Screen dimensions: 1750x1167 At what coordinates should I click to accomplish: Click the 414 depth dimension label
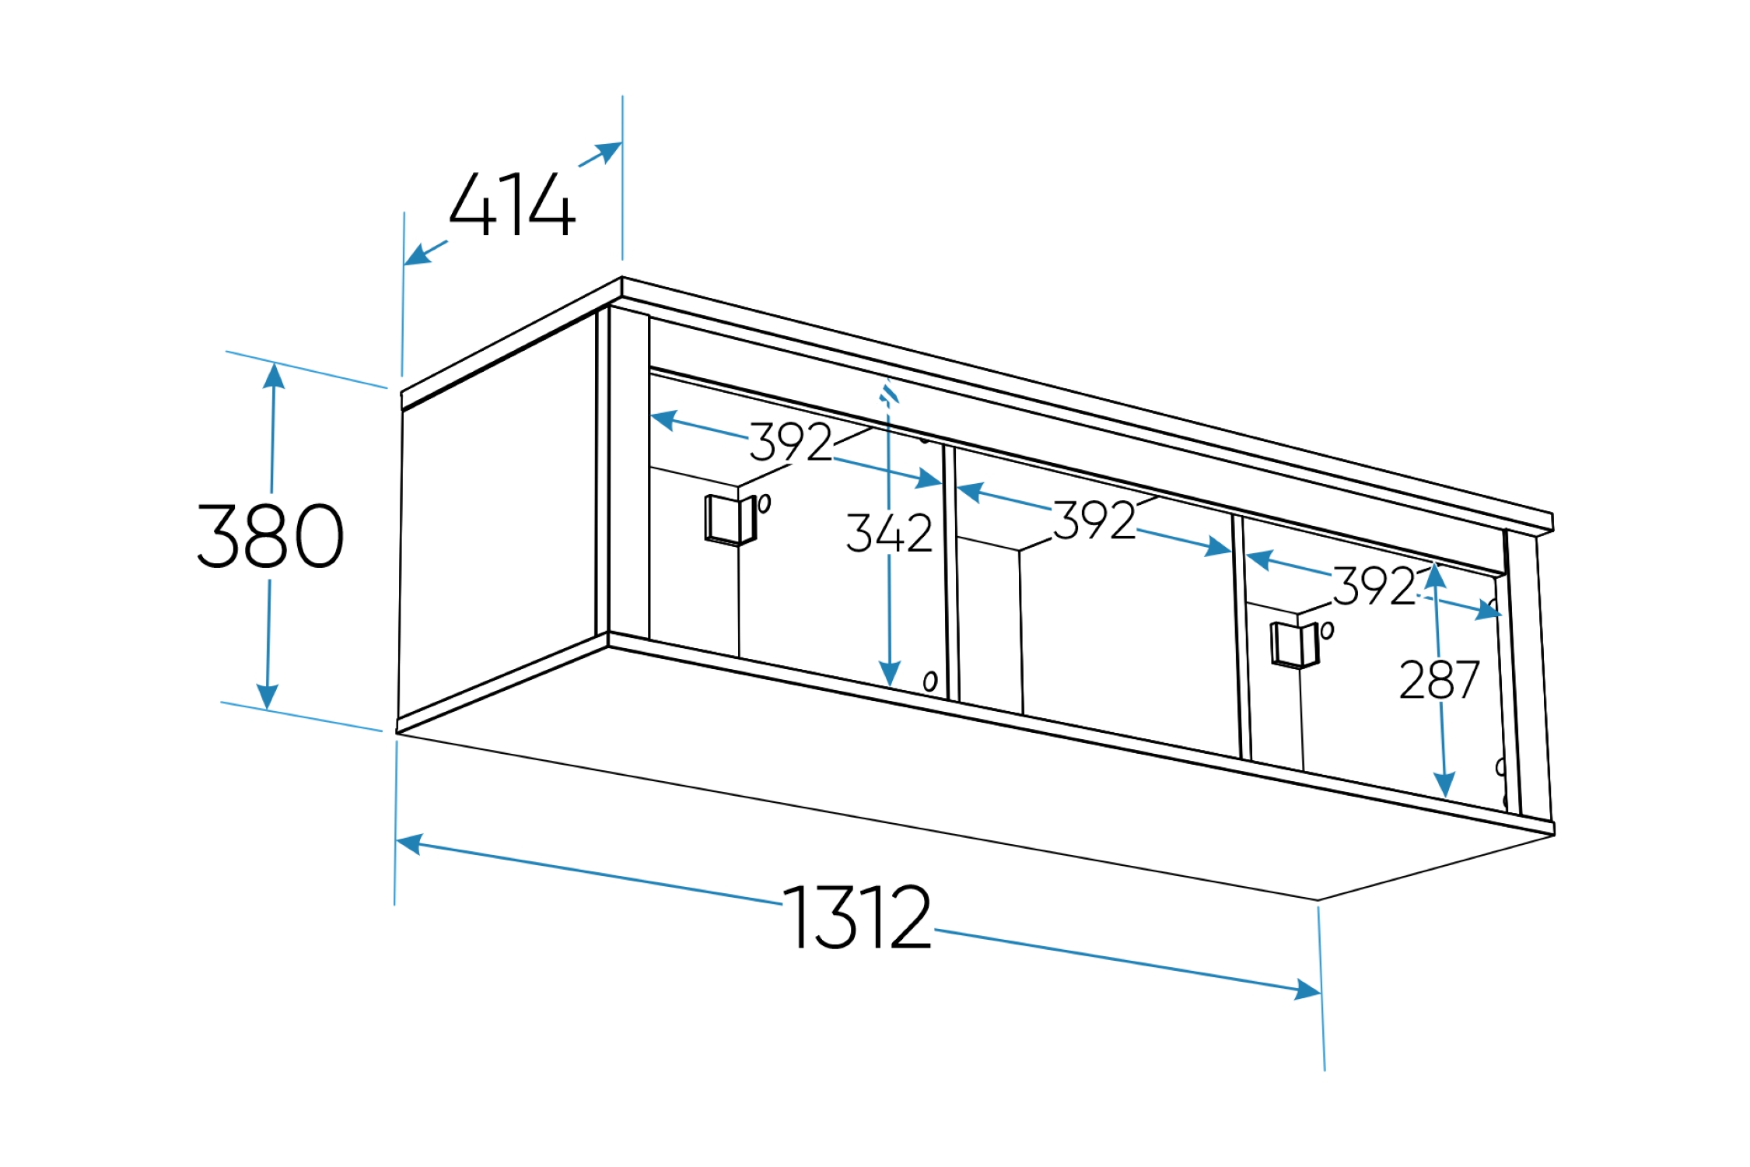point(513,204)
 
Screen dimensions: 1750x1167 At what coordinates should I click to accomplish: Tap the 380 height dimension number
point(270,536)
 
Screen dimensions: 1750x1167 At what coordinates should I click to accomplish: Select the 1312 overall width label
point(856,916)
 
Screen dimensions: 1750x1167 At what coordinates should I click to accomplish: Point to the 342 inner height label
point(889,533)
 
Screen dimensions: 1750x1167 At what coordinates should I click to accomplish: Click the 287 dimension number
point(1439,680)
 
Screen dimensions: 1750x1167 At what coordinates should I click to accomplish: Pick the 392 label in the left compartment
point(790,442)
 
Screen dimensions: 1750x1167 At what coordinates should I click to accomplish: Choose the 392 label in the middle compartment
point(1094,520)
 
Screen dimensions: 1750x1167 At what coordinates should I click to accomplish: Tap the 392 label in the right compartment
point(1374,585)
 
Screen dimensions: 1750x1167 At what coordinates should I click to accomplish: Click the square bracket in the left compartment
point(730,520)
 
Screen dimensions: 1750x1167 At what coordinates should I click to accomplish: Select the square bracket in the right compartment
point(1295,645)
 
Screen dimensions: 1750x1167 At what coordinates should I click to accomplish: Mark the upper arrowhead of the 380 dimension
point(274,377)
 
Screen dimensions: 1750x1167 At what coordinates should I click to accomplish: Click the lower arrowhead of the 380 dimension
point(268,697)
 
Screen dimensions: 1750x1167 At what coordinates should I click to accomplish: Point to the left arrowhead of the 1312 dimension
point(409,844)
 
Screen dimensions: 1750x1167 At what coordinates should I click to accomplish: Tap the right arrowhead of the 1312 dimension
point(1307,990)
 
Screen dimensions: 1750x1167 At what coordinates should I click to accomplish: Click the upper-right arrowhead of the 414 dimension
point(609,152)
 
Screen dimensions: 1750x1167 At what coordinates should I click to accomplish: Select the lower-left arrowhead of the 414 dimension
point(418,254)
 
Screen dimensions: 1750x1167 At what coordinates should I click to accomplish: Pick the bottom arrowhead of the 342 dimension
point(890,674)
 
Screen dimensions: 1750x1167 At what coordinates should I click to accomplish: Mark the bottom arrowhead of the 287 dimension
point(1445,785)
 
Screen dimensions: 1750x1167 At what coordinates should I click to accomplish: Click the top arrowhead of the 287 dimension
point(1435,575)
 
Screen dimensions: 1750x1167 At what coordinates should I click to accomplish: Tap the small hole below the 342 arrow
point(930,682)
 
